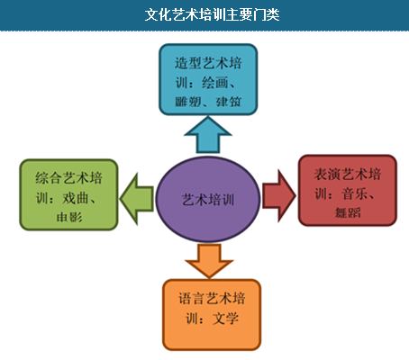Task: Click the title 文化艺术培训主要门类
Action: (212, 14)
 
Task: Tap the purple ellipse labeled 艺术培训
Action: (208, 199)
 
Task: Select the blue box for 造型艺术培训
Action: (208, 79)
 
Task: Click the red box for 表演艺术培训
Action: (348, 190)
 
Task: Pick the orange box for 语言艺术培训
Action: (212, 315)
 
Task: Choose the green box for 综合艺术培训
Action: (68, 194)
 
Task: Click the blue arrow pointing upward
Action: (208, 135)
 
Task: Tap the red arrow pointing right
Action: (279, 196)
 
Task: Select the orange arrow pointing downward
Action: (209, 261)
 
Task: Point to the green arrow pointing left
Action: (137, 199)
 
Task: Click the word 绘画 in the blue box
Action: (215, 83)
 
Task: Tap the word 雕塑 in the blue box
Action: (188, 102)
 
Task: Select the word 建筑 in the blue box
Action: (229, 102)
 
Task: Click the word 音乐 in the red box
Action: (354, 194)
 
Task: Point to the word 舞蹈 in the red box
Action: (348, 212)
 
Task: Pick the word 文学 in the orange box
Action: (226, 319)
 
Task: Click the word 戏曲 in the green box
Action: (76, 198)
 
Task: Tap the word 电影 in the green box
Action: (69, 217)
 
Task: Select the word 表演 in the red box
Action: (327, 175)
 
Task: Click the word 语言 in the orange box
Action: (192, 299)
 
